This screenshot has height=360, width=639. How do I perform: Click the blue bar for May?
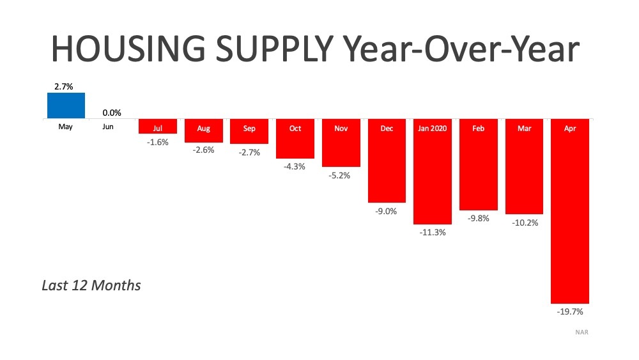point(66,106)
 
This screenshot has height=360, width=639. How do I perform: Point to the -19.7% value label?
point(570,312)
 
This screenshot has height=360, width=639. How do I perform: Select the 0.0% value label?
point(112,113)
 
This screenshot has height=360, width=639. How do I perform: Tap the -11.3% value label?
point(433,232)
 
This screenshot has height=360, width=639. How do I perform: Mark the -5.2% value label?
point(341,175)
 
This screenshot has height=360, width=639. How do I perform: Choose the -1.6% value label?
point(157,142)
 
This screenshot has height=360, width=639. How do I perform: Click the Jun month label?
point(108,127)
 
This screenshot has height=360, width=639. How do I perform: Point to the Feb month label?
point(479,129)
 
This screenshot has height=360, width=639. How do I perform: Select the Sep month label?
point(249,129)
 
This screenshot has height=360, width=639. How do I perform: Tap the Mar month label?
point(524,129)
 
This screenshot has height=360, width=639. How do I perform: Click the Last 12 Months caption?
point(91,285)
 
